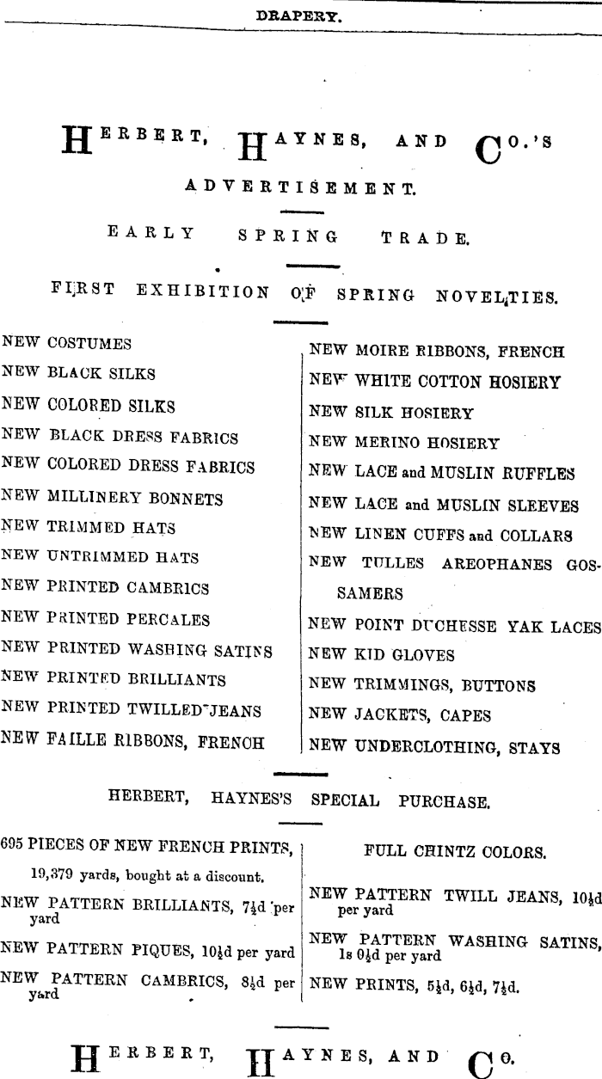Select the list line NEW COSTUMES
[x=67, y=344]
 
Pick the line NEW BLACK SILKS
[x=79, y=375]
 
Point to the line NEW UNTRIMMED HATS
[x=101, y=558]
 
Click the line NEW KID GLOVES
[x=381, y=655]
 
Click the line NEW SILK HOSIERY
[x=391, y=414]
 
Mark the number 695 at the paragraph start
[x=14, y=843]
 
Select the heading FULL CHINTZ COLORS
[x=454, y=854]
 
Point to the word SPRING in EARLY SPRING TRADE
[x=287, y=232]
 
